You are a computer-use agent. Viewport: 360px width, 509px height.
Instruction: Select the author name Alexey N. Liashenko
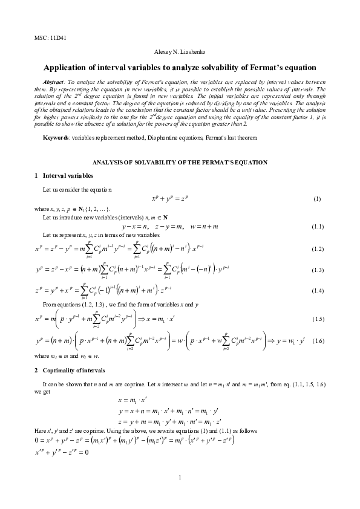[x=180, y=53]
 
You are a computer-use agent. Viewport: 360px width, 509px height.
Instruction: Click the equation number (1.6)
[x=318, y=343]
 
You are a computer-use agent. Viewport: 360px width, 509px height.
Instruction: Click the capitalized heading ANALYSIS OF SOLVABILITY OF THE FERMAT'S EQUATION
[x=180, y=163]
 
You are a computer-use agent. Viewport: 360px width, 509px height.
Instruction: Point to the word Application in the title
[x=68, y=67]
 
